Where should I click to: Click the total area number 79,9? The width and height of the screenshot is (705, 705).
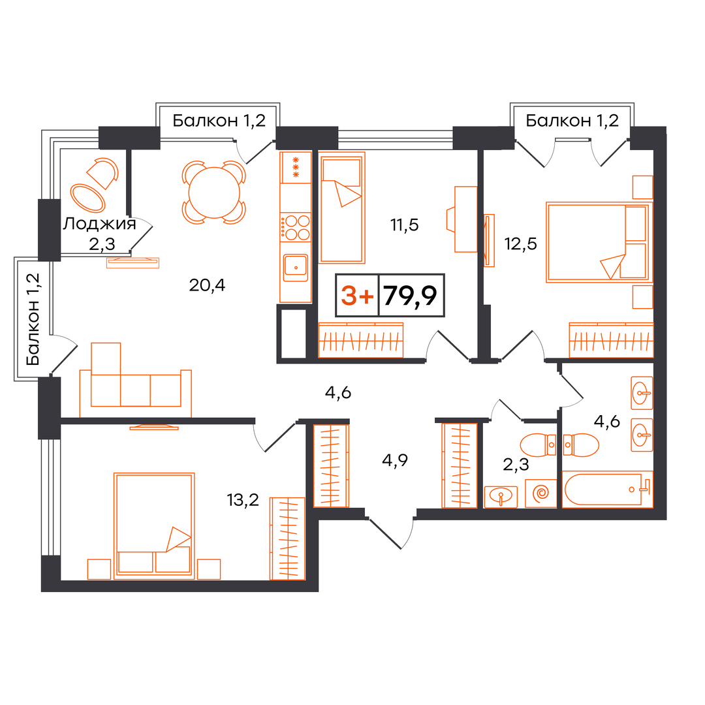(411, 296)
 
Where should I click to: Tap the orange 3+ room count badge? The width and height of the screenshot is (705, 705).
(357, 296)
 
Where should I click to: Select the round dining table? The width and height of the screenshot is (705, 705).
(214, 193)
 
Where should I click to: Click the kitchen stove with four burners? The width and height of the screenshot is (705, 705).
(296, 228)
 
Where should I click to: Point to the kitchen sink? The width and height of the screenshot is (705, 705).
(296, 268)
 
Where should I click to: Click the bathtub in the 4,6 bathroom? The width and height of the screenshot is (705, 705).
(607, 489)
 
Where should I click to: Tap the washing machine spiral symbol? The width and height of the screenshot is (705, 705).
(541, 493)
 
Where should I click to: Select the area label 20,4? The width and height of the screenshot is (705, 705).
(207, 285)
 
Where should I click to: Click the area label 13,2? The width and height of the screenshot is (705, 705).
(243, 499)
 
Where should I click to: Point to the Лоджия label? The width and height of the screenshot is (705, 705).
(99, 223)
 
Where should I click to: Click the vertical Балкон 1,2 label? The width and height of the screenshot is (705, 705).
(33, 319)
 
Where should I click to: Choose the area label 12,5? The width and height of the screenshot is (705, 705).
(521, 243)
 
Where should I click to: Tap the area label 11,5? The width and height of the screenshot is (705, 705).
(405, 225)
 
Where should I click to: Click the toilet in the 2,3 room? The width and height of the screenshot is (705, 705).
(538, 445)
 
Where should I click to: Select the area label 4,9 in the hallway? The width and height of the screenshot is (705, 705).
(395, 460)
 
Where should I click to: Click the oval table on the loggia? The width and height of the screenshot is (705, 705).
(87, 198)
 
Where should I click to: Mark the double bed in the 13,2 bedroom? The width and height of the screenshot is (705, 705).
(154, 525)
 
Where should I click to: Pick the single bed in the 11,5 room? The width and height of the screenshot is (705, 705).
(341, 208)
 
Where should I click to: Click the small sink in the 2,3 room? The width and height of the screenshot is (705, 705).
(501, 496)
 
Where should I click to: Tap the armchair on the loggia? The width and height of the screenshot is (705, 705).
(103, 172)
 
